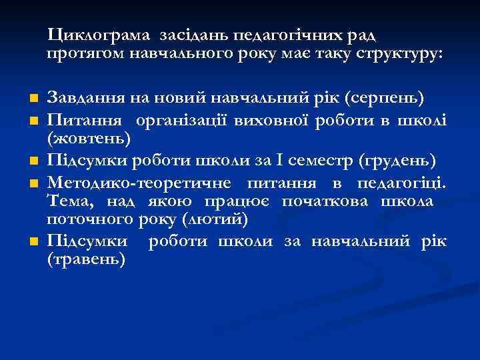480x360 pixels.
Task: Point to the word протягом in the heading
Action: click(x=83, y=54)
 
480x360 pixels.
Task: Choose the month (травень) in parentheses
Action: click(x=86, y=260)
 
